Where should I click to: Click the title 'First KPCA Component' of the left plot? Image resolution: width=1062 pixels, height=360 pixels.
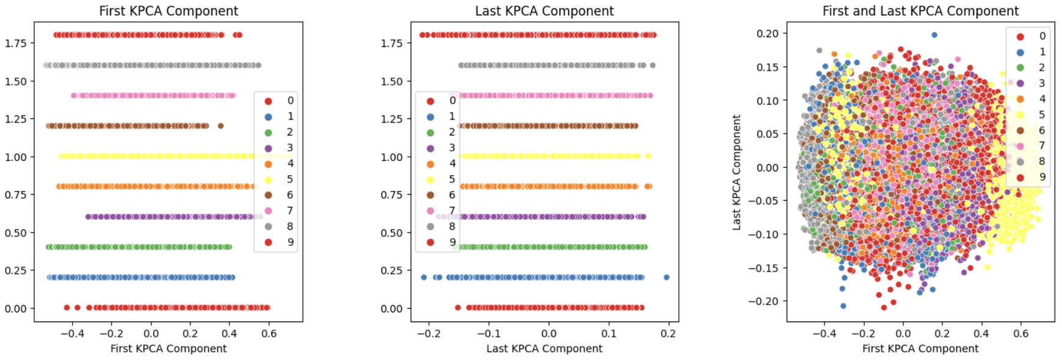pos(168,11)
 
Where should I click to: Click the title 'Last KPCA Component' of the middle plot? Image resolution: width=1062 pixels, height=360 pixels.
pos(544,11)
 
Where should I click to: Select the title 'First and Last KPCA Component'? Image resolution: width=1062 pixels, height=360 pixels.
pos(920,11)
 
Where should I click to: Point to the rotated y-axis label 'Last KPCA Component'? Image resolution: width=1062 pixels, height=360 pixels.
pos(737,172)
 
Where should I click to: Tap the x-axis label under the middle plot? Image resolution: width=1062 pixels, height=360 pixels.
pos(544,348)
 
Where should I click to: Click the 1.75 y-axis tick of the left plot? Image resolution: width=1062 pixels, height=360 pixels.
pos(16,43)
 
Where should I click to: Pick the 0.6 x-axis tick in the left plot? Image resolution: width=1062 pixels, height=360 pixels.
pos(269,334)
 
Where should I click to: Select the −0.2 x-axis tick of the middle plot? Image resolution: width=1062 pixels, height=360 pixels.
pos(428,334)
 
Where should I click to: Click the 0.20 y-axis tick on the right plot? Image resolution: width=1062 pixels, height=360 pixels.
pos(768,34)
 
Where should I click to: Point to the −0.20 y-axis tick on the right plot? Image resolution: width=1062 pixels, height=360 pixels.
pos(765,301)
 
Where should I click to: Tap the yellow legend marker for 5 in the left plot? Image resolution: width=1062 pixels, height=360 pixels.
pos(269,179)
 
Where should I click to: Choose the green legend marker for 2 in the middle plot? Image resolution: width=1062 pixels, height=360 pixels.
pos(430,132)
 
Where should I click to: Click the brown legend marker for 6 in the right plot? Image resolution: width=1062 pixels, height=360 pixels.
pos(1020,131)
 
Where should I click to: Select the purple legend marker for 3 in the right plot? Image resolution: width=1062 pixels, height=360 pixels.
pos(1020,84)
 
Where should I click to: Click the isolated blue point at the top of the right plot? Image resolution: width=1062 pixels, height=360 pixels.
pos(934,35)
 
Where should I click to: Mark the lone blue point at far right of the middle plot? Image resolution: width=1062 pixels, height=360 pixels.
pos(666,278)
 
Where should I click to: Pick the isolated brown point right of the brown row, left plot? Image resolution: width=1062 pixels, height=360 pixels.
pos(221,126)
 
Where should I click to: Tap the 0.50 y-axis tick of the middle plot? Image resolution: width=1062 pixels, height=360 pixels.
pos(392,233)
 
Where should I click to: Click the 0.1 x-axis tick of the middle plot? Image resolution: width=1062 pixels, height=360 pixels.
pos(609,334)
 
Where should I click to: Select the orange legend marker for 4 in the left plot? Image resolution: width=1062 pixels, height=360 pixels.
pos(269,164)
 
